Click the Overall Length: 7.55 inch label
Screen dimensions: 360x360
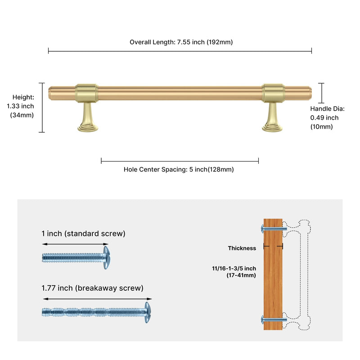coord(167,42)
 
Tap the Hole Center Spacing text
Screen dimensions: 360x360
coord(156,170)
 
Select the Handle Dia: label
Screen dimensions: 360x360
coord(328,108)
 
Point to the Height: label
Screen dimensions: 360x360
coord(23,97)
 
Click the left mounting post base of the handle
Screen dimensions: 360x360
coord(88,128)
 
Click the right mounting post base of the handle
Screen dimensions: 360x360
coord(272,128)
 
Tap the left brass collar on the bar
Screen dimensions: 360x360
coord(86,93)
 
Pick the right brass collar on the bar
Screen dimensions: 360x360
coord(273,93)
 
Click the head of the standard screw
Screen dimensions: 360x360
coord(106,257)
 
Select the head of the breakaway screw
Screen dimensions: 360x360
coord(148,312)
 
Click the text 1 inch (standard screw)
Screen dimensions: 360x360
coord(83,234)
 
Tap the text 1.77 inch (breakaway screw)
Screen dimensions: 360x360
coord(92,288)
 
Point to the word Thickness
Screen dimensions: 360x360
coord(242,248)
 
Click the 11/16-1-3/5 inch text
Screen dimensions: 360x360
coord(234,268)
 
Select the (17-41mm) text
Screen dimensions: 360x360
coord(241,275)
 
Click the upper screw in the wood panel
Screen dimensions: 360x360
coord(274,229)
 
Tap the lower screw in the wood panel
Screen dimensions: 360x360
coord(274,319)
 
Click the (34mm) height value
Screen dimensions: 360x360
coord(22,115)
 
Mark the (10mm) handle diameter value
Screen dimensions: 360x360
coord(321,126)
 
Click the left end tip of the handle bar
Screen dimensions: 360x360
coord(49,93)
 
